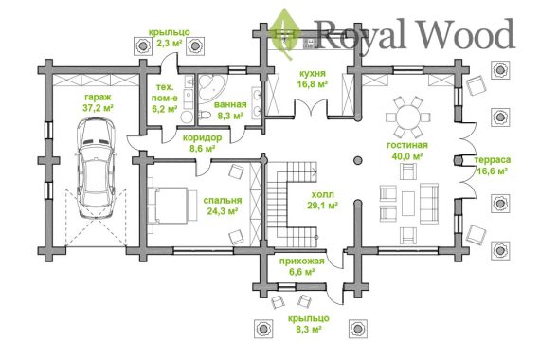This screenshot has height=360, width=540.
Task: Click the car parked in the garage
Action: (x=96, y=168)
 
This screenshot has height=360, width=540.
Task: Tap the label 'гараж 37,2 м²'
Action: (x=99, y=102)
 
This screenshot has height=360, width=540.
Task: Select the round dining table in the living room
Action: (x=408, y=117)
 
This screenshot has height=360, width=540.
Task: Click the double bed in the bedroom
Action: (x=171, y=205)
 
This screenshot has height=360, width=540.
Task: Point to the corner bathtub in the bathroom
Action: (x=210, y=87)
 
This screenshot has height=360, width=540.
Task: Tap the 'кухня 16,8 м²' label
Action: (x=313, y=79)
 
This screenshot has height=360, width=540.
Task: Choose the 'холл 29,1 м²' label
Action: (x=322, y=200)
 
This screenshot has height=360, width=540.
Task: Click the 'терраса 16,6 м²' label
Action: (x=492, y=166)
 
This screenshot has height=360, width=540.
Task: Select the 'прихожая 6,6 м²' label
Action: (x=301, y=266)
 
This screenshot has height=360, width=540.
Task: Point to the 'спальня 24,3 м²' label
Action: (x=223, y=206)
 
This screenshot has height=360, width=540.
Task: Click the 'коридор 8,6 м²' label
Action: (x=202, y=143)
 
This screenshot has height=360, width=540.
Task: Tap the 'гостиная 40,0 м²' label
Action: (x=407, y=151)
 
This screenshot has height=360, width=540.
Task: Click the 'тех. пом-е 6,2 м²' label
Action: (x=165, y=99)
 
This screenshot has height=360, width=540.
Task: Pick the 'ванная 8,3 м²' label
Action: (x=230, y=110)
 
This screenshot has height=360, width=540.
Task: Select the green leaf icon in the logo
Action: (x=284, y=34)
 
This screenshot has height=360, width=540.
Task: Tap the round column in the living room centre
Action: (x=358, y=160)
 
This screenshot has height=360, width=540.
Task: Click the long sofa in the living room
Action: (x=429, y=204)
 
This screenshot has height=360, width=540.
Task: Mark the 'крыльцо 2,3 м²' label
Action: (x=169, y=38)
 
